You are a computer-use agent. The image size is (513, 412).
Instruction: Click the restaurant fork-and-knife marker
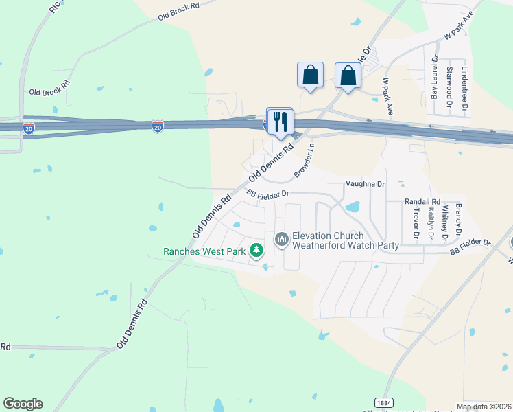pos(280,122)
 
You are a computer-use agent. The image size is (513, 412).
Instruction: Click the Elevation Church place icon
pos(281,240)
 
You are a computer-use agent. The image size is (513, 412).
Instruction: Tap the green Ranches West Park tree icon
pos(256,251)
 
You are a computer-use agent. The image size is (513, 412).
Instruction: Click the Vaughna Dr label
pos(366,184)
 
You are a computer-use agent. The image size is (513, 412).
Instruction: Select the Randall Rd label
pos(422,201)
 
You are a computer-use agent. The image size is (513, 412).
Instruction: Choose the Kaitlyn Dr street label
pos(430,223)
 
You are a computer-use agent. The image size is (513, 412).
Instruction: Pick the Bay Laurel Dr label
pos(434,78)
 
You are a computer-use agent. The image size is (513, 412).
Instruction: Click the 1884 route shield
pos(383,402)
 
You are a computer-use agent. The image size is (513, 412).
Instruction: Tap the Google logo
pos(23,404)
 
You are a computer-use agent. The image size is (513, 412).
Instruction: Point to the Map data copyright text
pos(484,407)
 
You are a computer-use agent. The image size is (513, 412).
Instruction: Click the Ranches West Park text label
pos(204,251)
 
